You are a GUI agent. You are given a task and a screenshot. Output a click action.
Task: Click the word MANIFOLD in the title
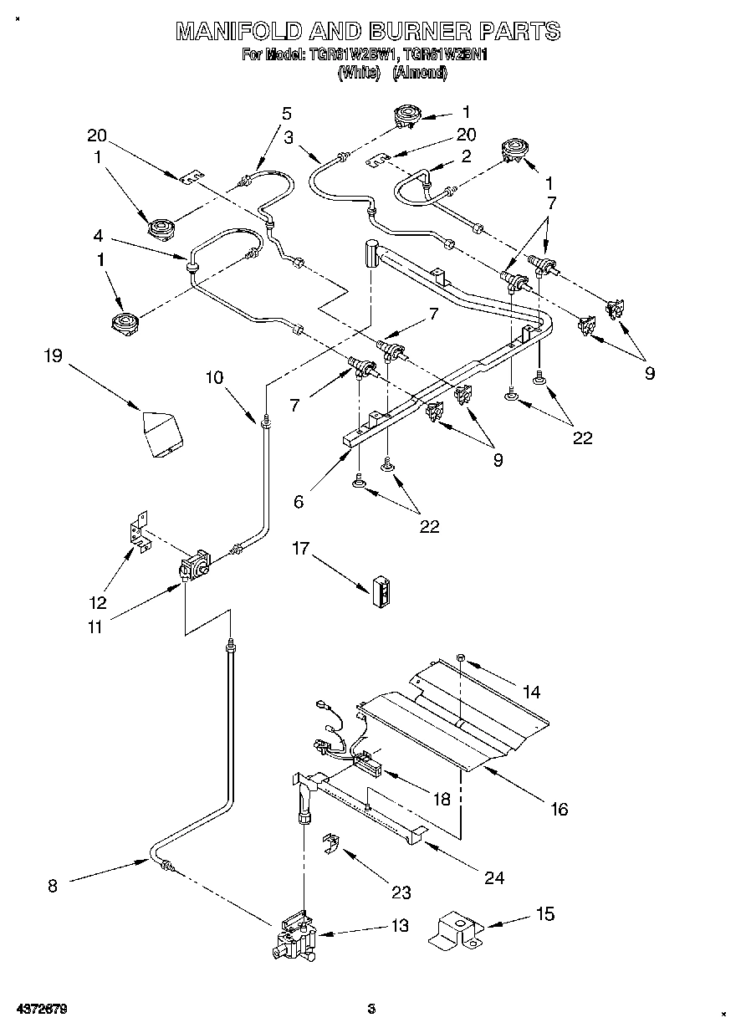229,32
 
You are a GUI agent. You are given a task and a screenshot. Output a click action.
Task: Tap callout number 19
53,356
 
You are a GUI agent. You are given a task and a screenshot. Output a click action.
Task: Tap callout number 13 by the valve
400,925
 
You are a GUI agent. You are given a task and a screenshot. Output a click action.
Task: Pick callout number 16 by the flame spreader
560,809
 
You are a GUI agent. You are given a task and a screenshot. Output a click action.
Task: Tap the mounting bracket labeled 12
137,533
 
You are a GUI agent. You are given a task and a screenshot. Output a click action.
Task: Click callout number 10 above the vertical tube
215,377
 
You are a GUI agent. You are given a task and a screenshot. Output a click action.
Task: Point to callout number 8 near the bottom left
53,886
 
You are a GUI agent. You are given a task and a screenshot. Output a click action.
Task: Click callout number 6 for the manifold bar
299,502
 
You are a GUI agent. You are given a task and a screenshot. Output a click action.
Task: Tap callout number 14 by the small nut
531,692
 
